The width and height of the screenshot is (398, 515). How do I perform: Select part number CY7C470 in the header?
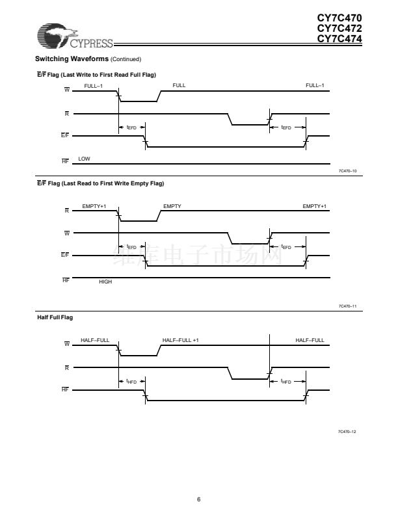[339, 19]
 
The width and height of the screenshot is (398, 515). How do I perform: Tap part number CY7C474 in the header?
[339, 38]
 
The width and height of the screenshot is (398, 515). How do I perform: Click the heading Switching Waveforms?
[67, 60]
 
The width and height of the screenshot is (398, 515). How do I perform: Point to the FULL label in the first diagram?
[179, 86]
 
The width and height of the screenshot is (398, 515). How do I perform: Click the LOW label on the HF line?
[84, 159]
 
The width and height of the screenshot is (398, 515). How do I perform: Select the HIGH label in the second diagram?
[105, 281]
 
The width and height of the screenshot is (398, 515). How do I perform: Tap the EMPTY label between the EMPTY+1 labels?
[172, 206]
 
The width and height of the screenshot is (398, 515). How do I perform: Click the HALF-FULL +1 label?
[181, 340]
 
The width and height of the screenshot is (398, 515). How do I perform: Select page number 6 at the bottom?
[199, 499]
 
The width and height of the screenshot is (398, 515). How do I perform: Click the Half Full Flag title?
[55, 317]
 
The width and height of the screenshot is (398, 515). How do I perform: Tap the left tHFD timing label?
[131, 382]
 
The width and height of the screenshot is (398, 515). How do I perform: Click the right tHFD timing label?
[285, 382]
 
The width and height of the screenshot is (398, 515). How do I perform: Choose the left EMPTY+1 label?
[94, 206]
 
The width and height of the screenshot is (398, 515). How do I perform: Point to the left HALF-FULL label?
[95, 340]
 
